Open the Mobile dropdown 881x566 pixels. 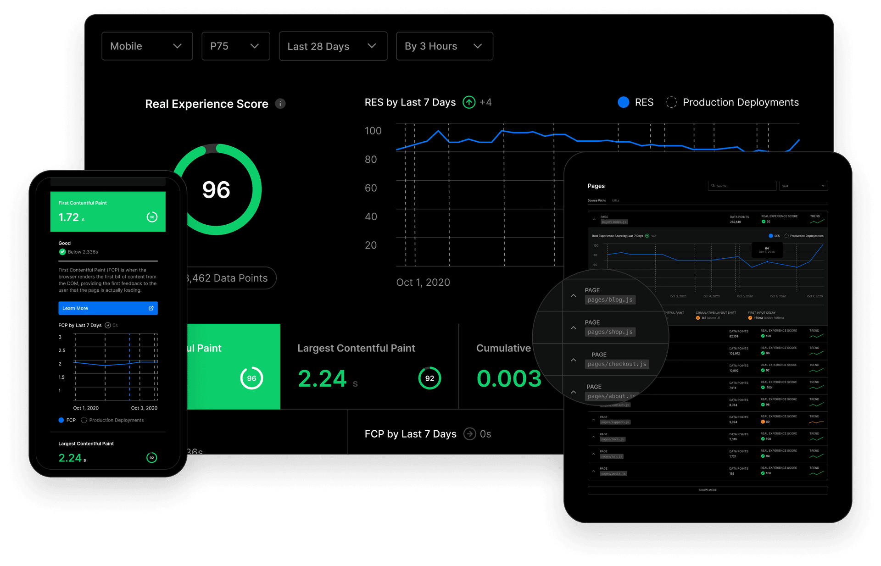coord(147,46)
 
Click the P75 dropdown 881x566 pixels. coord(235,46)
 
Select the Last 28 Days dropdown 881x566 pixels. coord(333,46)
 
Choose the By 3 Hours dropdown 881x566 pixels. coord(444,46)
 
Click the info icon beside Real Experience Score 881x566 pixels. coord(280,104)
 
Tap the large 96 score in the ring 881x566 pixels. coord(216,190)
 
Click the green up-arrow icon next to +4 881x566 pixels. coord(469,102)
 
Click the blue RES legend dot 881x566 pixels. coord(623,102)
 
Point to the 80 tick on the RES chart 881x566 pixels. coord(371,160)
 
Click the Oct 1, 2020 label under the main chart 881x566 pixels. coord(423,283)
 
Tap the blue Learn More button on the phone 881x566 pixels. coord(108,308)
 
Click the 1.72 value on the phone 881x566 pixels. coord(69,217)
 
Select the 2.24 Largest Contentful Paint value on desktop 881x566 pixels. coord(322,379)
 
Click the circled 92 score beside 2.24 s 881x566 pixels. coord(429,378)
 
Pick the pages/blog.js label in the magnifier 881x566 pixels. coord(610,300)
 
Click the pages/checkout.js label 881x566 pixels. coord(617,364)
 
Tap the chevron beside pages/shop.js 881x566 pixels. coord(574,328)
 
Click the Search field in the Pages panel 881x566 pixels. coord(742,186)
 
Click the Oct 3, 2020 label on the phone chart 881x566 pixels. coord(144,408)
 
